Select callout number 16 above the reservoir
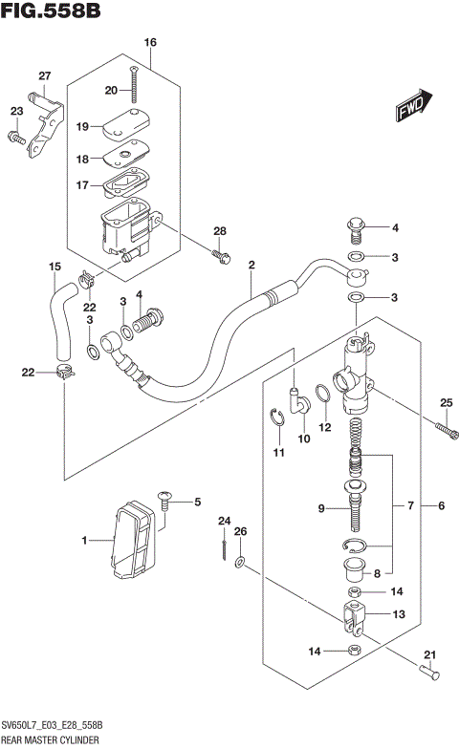click(149, 43)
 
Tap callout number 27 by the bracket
click(44, 76)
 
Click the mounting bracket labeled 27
click(41, 121)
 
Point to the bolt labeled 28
click(221, 255)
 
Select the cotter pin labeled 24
click(223, 547)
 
